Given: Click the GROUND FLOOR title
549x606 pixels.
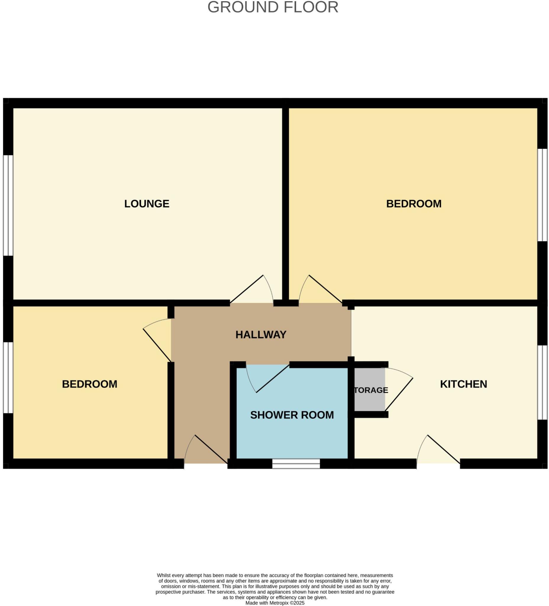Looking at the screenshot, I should [273, 7].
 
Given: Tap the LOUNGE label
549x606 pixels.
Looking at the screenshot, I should [147, 204].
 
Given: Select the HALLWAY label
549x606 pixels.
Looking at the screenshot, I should [261, 335].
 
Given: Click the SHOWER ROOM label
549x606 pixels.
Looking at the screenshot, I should [292, 415].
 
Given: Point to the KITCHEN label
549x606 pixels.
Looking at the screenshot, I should [463, 384].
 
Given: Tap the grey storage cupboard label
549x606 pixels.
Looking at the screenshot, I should [371, 390].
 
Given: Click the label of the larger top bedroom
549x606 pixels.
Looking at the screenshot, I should [414, 204].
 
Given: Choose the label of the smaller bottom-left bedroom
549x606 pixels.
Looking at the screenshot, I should [90, 384].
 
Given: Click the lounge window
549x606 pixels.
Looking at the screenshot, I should [8, 205].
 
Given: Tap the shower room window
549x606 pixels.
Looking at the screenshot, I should [296, 463].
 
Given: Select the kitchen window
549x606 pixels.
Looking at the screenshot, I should [542, 382].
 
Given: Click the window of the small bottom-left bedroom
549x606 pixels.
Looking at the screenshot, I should [8, 378].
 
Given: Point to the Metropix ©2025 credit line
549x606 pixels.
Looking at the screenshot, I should [275, 603].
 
